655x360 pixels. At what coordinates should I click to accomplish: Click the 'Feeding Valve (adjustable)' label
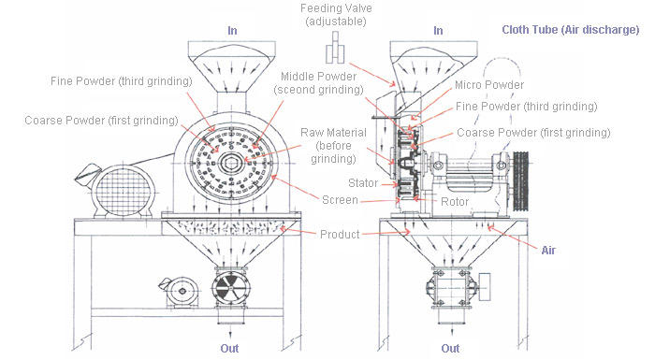click(334, 14)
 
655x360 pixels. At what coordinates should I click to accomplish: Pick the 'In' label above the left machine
click(231, 30)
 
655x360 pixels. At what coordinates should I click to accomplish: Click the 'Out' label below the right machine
click(450, 349)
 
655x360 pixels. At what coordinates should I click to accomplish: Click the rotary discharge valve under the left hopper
click(231, 290)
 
